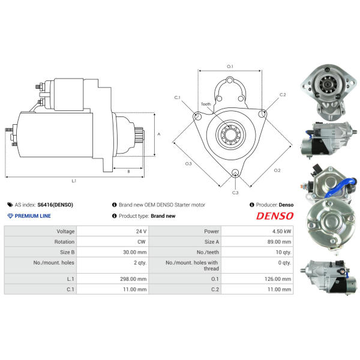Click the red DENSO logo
pyautogui.click(x=275, y=216)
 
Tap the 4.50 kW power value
pyautogui.click(x=282, y=231)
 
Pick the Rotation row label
pyautogui.click(x=64, y=242)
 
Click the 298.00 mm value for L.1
pyautogui.click(x=133, y=279)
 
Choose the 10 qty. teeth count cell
pyautogui.click(x=283, y=253)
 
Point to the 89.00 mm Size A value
pyautogui.click(x=279, y=242)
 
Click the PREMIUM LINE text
pyautogui.click(x=33, y=216)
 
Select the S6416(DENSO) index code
pyautogui.click(x=55, y=205)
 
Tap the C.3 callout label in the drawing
pyautogui.click(x=235, y=193)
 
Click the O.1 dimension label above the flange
pyautogui.click(x=230, y=67)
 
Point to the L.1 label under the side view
pyautogui.click(x=74, y=181)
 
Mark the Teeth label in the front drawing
pyautogui.click(x=206, y=104)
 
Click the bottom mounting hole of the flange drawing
pyautogui.click(x=235, y=173)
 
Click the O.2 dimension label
pyautogui.click(x=277, y=170)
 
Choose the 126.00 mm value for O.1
pyautogui.click(x=278, y=279)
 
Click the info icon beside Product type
pyautogui.click(x=115, y=216)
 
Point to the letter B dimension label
pyautogui.click(x=128, y=172)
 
